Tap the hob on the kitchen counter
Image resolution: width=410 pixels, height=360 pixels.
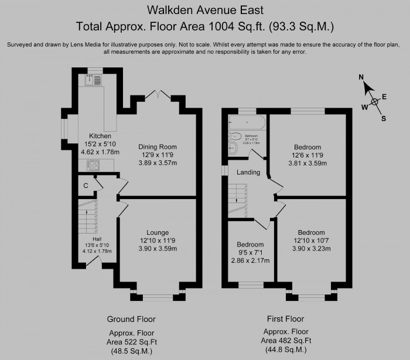click(x=91, y=166)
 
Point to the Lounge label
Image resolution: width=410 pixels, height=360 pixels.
click(x=158, y=232)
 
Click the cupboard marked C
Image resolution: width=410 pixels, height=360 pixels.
click(x=86, y=185)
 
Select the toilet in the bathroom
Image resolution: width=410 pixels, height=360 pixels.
click(x=235, y=136)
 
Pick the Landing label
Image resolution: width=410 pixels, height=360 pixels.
click(x=248, y=173)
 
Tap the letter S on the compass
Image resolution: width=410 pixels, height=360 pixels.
click(x=384, y=118)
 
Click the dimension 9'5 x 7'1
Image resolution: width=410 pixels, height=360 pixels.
click(x=250, y=252)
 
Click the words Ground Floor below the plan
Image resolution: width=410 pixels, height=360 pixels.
click(x=131, y=319)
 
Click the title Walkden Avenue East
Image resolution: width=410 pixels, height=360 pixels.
click(x=206, y=10)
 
